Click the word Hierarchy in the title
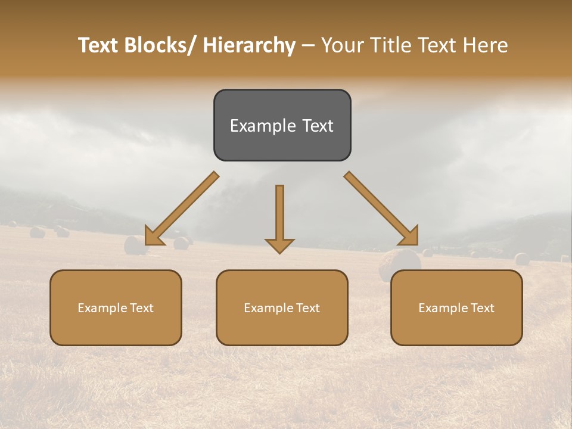click(249, 46)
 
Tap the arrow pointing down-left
click(182, 209)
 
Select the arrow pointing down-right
click(381, 209)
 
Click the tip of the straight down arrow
click(279, 253)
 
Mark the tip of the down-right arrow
click(417, 244)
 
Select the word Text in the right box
click(481, 308)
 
